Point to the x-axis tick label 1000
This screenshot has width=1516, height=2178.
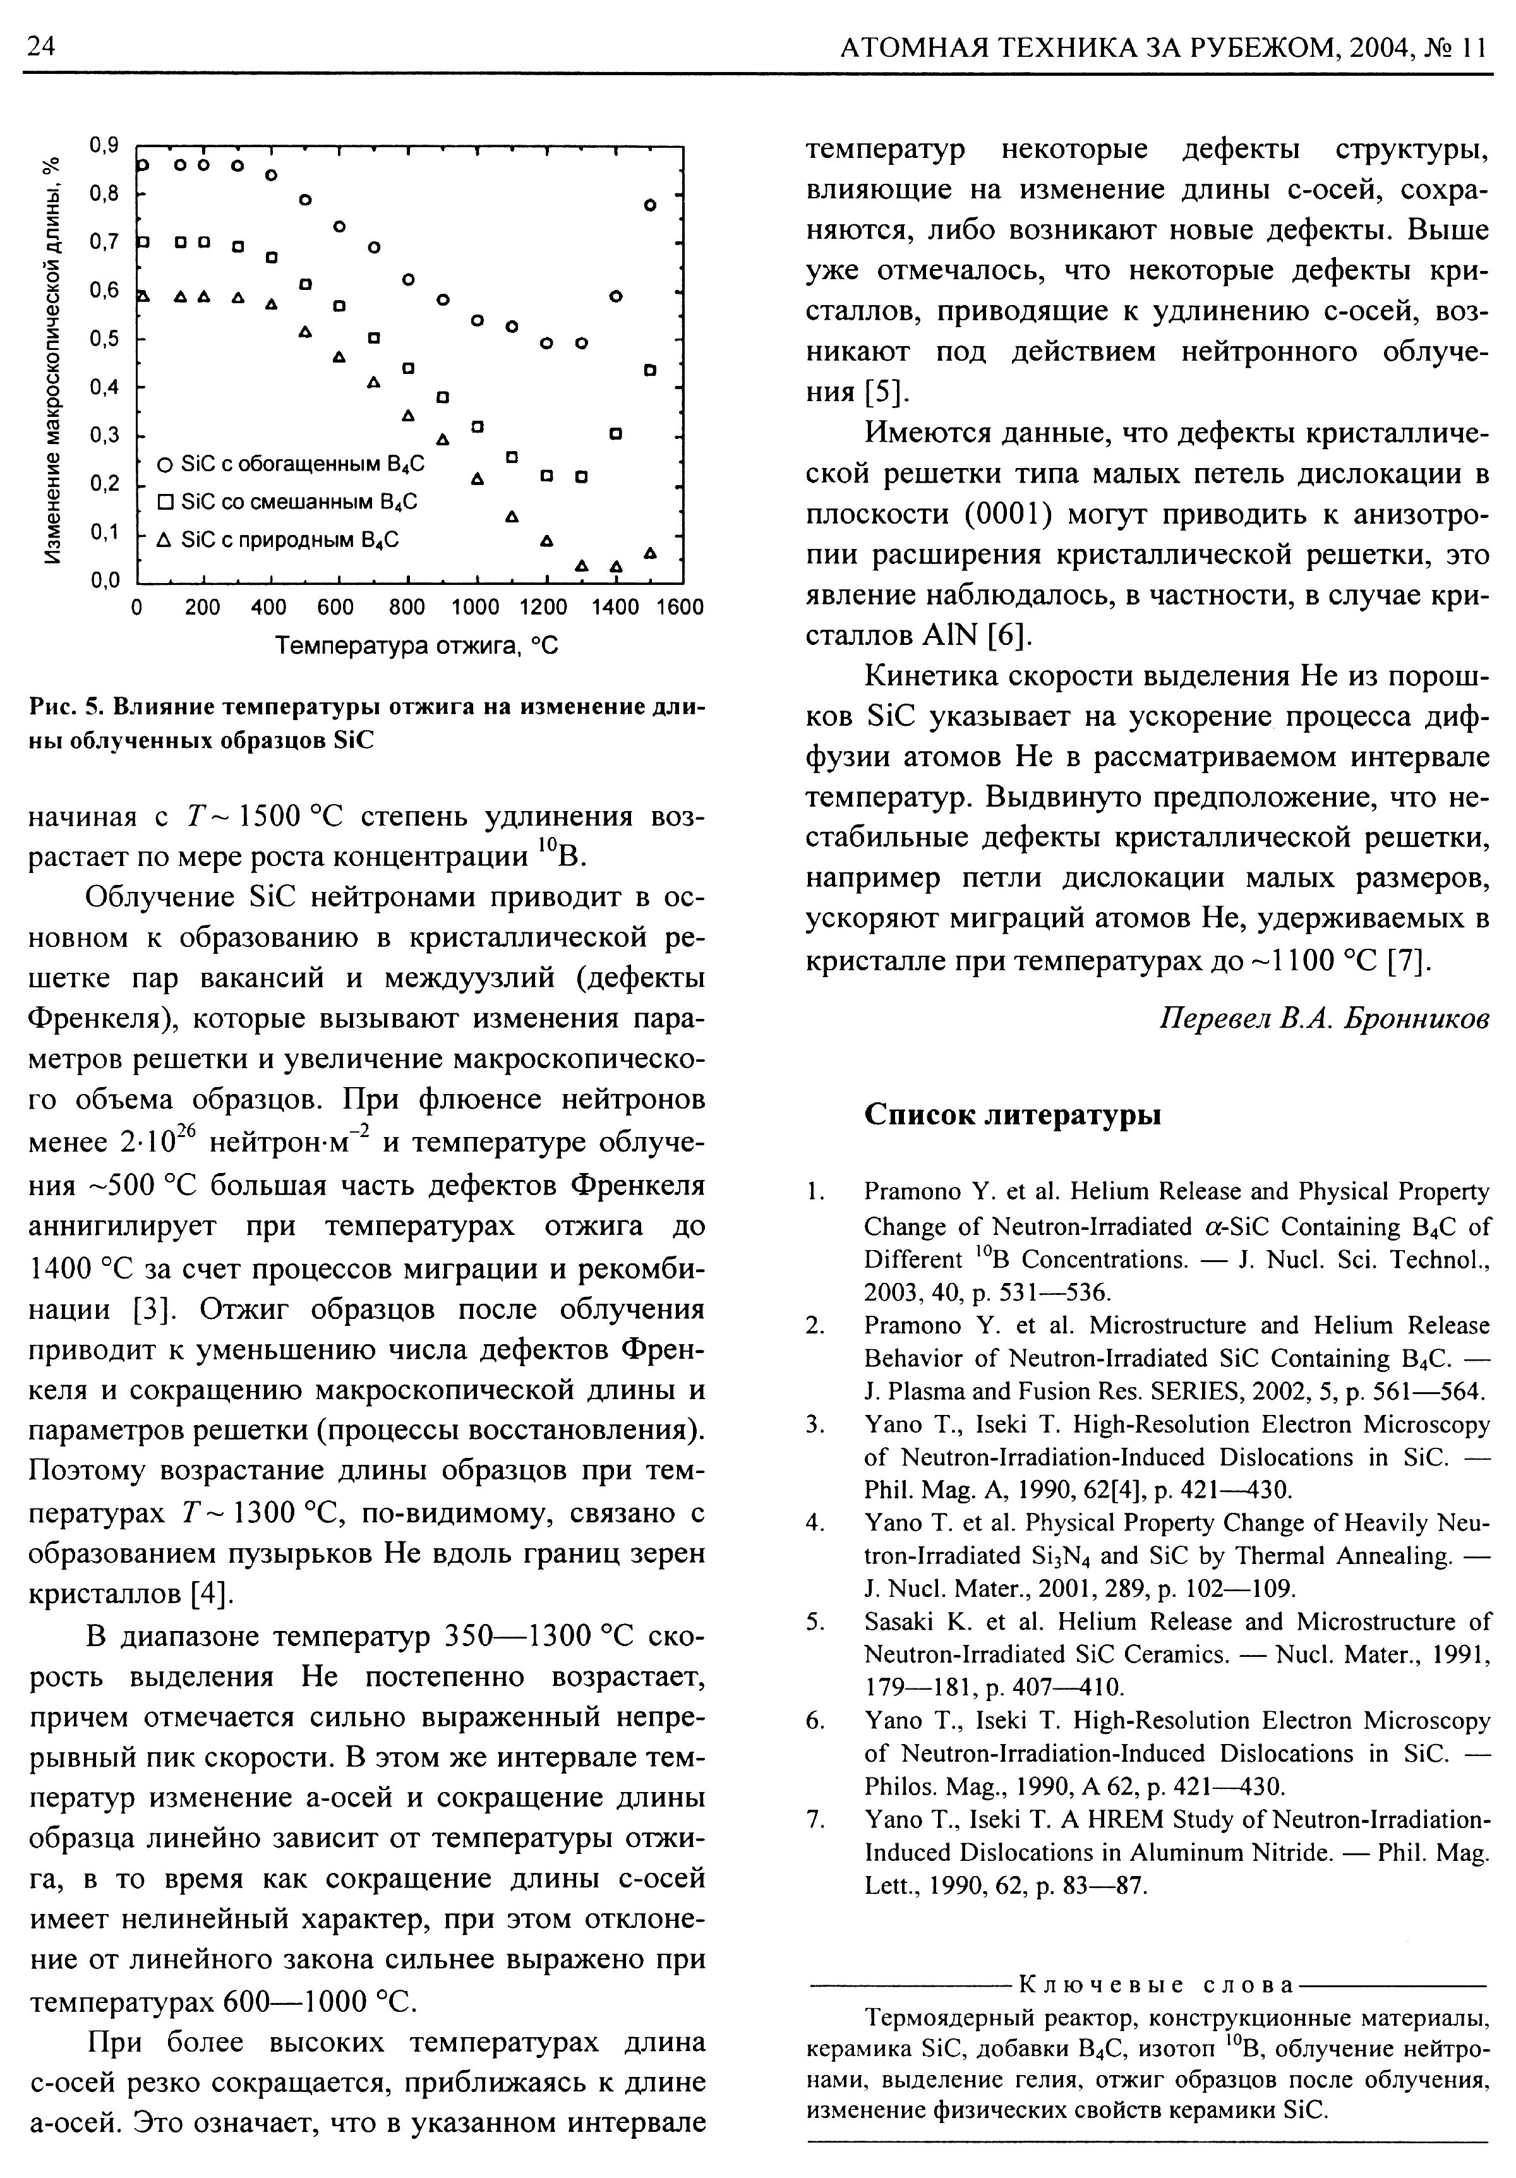pos(474,607)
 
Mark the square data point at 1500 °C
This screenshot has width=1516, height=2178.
pos(650,369)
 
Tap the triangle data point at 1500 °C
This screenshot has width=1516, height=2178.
pos(650,552)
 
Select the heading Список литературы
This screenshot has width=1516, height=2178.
pos(1013,1116)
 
